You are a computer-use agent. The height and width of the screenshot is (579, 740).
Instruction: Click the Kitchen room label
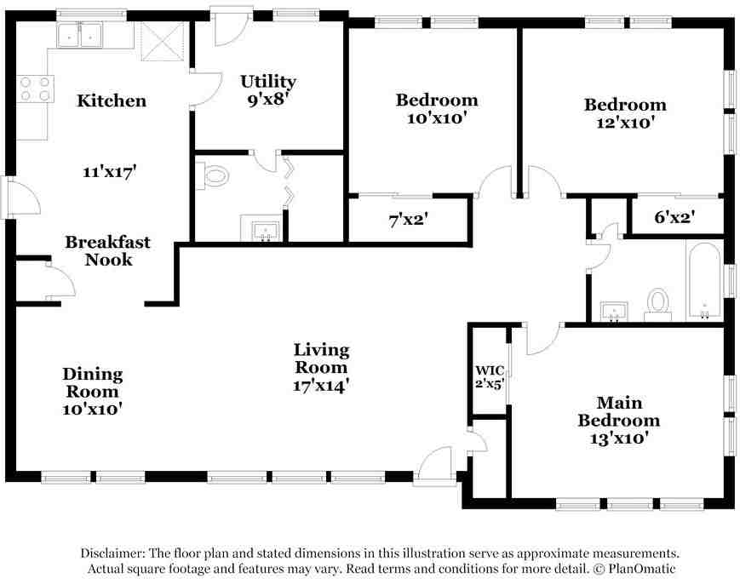[x=112, y=100]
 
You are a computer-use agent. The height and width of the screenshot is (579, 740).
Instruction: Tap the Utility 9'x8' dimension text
[x=267, y=99]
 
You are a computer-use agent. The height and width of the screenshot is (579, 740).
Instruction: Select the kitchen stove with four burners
[x=35, y=89]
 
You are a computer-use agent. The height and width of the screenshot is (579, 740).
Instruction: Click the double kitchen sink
[x=79, y=36]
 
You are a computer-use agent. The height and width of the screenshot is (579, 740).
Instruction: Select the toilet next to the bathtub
[x=657, y=303]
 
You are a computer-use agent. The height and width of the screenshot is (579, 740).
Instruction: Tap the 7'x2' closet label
[x=408, y=219]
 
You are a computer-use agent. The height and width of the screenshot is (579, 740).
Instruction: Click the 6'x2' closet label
[x=675, y=217]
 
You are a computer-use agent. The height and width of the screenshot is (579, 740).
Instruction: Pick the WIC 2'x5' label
[x=490, y=376]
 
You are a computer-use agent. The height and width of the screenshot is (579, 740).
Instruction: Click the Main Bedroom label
[x=618, y=411]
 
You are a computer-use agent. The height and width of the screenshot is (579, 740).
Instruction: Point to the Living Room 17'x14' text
[x=321, y=367]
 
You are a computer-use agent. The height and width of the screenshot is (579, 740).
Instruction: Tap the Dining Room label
[x=92, y=383]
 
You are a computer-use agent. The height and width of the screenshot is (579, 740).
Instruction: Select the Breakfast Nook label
[x=107, y=250]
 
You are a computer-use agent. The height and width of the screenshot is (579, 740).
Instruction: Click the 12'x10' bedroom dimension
[x=624, y=123]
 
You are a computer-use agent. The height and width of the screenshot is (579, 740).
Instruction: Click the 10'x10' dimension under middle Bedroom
[x=437, y=118]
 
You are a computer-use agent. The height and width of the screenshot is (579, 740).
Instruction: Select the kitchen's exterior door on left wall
[x=24, y=198]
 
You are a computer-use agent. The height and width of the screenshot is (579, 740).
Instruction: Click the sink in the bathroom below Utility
[x=267, y=230]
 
